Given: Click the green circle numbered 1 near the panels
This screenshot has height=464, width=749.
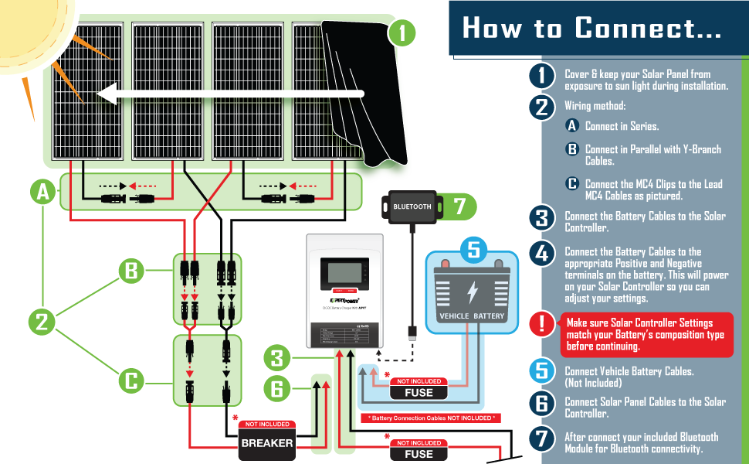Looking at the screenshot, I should pyautogui.click(x=402, y=33).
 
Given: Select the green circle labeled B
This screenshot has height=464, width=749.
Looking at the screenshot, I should pyautogui.click(x=131, y=271).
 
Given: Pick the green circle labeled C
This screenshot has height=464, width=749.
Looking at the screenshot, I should pyautogui.click(x=131, y=380).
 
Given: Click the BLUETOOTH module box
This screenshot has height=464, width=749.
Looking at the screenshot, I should pyautogui.click(x=412, y=206).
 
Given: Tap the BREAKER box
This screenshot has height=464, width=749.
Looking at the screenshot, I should pyautogui.click(x=267, y=442).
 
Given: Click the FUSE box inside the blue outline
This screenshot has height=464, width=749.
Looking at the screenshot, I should pyautogui.click(x=419, y=392).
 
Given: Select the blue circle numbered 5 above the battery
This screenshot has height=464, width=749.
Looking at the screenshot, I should pyautogui.click(x=474, y=250).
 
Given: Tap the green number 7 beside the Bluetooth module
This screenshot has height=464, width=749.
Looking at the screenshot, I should pyautogui.click(x=460, y=206).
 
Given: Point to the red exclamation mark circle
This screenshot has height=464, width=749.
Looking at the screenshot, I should pyautogui.click(x=541, y=324).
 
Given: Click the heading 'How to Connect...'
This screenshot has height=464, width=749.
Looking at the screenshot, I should pyautogui.click(x=592, y=29).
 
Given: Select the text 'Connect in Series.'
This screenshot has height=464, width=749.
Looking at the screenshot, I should pyautogui.click(x=622, y=126).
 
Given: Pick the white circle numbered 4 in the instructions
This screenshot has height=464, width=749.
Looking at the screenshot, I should pyautogui.click(x=541, y=253).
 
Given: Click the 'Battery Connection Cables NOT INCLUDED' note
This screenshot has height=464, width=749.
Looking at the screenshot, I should pyautogui.click(x=430, y=418).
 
